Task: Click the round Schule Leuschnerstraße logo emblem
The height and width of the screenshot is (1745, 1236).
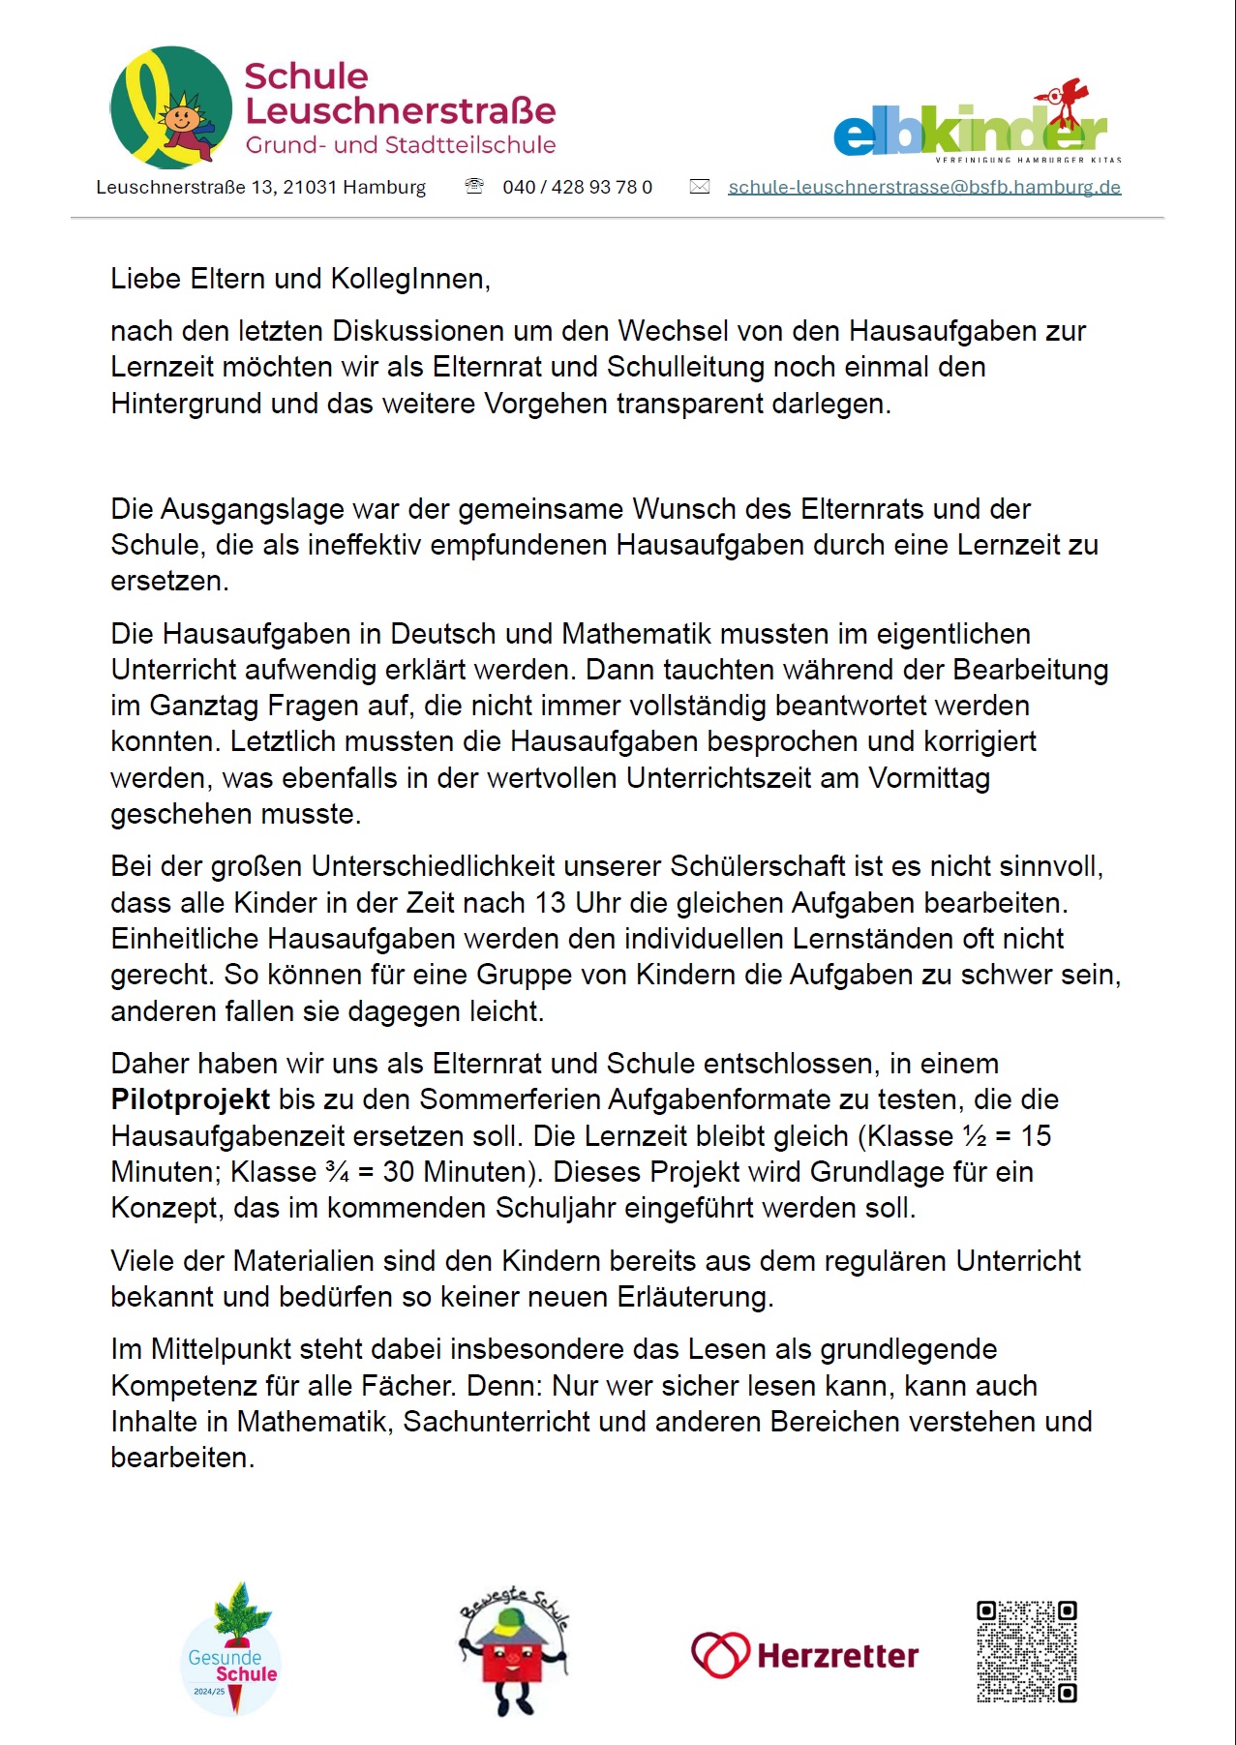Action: (x=171, y=107)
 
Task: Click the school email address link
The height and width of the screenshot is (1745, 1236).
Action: (x=923, y=187)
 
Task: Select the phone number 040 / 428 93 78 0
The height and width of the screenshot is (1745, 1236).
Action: (x=577, y=187)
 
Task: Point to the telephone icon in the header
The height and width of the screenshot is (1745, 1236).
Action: (x=474, y=186)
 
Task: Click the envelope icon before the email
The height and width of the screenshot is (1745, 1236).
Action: (x=699, y=187)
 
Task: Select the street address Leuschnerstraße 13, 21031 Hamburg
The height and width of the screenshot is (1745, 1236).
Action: (x=260, y=187)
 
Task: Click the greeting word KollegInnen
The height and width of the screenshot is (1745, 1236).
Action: (x=409, y=279)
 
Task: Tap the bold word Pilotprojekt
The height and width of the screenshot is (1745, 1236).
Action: (x=190, y=1099)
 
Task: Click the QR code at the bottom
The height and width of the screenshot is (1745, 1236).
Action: (x=1026, y=1651)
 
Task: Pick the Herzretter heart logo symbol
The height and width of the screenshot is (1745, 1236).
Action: (x=719, y=1655)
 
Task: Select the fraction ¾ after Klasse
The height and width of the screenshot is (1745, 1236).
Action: (x=338, y=1172)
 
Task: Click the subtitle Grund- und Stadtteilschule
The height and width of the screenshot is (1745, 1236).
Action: (x=401, y=145)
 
